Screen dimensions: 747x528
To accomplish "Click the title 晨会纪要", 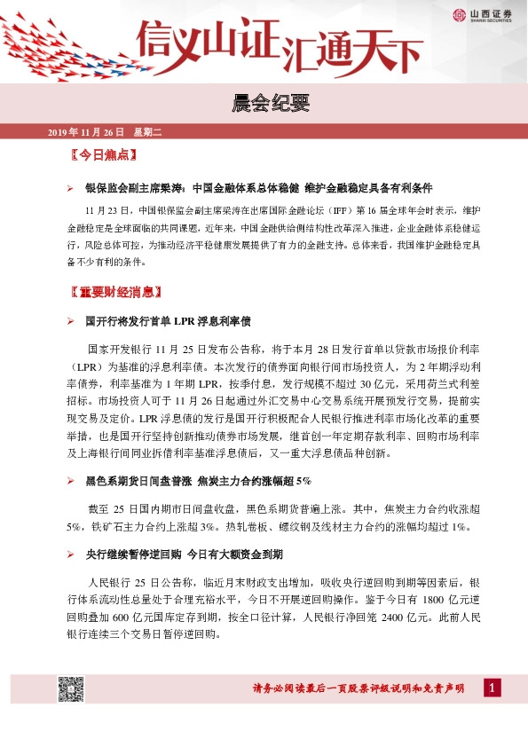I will [264, 105].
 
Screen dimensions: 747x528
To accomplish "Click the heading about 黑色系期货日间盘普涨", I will [198, 480].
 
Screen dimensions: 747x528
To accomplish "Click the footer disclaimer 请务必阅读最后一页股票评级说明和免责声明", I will [359, 690].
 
